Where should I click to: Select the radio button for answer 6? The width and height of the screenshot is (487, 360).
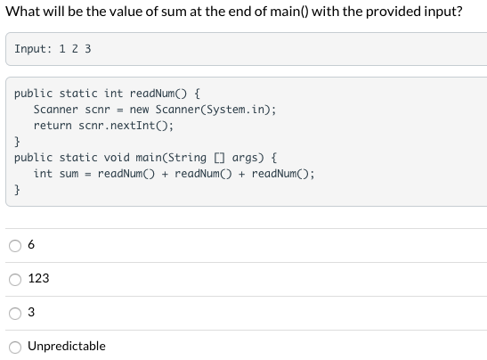(x=15, y=245)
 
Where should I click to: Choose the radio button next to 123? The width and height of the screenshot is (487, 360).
(x=15, y=279)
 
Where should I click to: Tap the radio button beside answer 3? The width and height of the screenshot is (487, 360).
(x=15, y=313)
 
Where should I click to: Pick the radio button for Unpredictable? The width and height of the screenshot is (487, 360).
(x=15, y=347)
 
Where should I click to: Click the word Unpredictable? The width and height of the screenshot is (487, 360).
(x=67, y=347)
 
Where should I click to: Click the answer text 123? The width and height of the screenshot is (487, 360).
(x=38, y=279)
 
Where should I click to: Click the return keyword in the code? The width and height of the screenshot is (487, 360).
(x=53, y=126)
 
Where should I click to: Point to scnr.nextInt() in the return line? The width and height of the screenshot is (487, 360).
(x=123, y=126)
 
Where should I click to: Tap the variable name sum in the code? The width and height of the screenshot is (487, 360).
(x=69, y=174)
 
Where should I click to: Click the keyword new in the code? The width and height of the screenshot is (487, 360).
(x=139, y=110)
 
